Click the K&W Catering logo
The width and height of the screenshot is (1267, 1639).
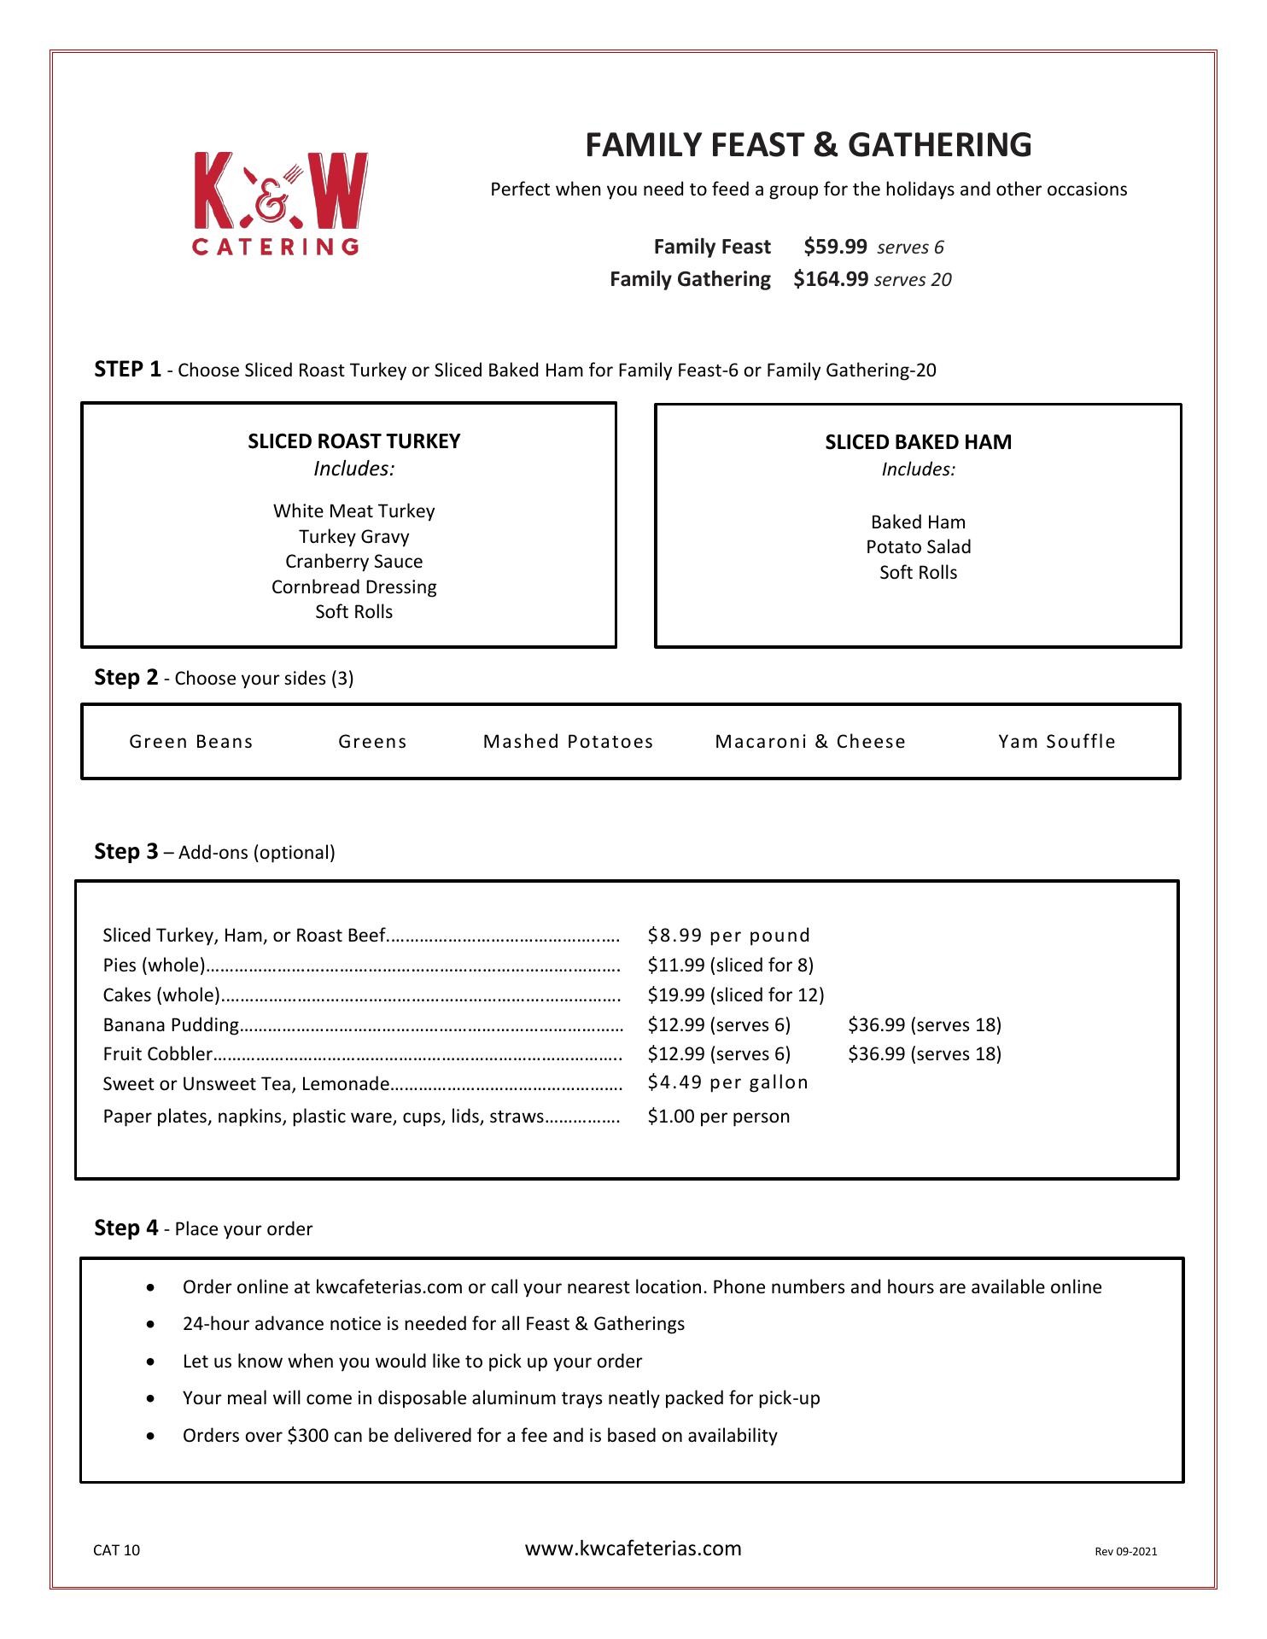click(x=280, y=203)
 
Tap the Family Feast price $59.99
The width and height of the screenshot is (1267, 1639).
click(x=834, y=247)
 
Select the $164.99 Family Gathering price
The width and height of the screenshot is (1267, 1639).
click(x=830, y=279)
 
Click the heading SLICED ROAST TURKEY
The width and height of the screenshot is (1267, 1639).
click(x=353, y=441)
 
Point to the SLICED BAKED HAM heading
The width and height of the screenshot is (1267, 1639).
click(x=918, y=442)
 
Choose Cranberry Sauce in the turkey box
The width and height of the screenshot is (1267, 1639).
click(x=353, y=562)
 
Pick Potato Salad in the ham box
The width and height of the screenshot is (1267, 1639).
click(x=918, y=547)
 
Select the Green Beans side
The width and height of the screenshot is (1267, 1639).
click(x=191, y=742)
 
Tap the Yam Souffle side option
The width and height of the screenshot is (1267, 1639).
click(x=1057, y=742)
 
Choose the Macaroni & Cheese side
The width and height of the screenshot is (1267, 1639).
click(x=810, y=742)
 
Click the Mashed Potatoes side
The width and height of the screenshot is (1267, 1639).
click(x=569, y=742)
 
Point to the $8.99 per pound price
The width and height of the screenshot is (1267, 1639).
click(x=728, y=936)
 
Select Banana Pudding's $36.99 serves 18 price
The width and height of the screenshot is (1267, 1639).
click(x=925, y=1024)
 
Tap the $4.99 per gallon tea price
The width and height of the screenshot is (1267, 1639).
click(x=727, y=1082)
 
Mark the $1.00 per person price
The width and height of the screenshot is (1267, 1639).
click(x=718, y=1117)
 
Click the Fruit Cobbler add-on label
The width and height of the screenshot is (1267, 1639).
click(x=157, y=1054)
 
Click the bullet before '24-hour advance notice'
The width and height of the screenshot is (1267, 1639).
click(x=151, y=1325)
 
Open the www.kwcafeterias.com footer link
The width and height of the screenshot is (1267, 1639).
click(x=633, y=1549)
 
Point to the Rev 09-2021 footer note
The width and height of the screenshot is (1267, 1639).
click(x=1125, y=1552)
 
